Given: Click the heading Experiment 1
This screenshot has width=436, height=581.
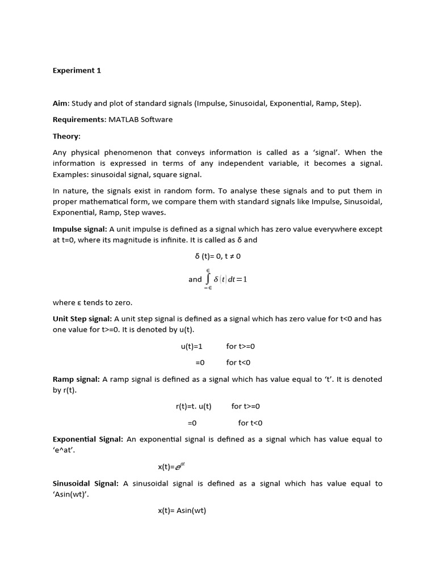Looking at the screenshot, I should (77, 70).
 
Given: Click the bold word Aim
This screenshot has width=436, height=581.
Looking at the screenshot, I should (60, 103).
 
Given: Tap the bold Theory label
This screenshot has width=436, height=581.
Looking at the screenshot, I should (66, 136).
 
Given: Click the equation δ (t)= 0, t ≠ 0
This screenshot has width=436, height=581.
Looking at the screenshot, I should (217, 256).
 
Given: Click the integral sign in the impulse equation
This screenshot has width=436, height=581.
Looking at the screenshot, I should (208, 279).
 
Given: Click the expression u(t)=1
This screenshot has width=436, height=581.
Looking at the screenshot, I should (191, 346).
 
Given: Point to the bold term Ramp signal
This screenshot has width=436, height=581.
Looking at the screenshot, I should (76, 379).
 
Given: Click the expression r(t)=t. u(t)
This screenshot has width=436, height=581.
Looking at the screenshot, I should (194, 406).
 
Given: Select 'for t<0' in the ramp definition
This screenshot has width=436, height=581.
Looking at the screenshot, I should (250, 423).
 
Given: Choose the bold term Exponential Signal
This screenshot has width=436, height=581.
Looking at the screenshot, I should (87, 439).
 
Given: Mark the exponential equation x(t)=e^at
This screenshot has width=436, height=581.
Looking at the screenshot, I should (171, 466).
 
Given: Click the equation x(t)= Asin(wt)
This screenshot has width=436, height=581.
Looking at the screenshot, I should (182, 511).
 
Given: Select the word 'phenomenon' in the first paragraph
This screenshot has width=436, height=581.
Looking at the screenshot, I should (135, 153).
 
